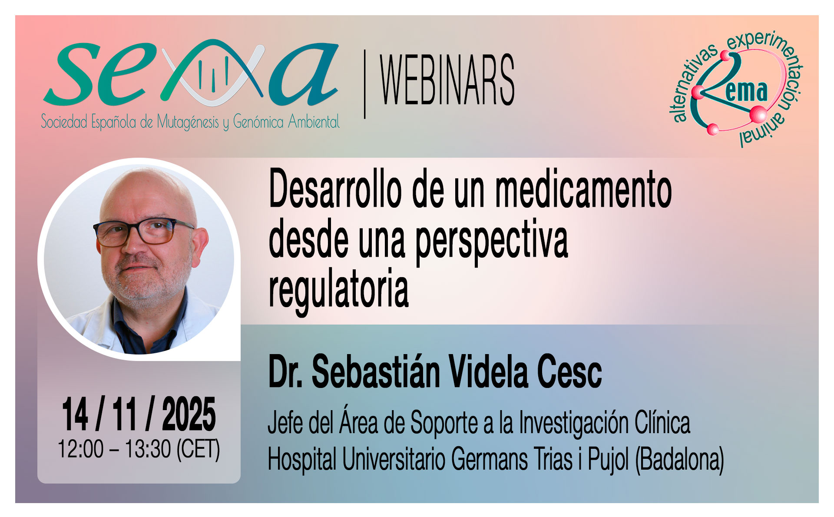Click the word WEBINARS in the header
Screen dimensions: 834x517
click(x=447, y=80)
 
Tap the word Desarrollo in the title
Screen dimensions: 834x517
click(x=335, y=190)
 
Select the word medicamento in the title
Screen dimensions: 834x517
click(x=583, y=190)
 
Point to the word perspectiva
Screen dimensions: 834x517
click(x=492, y=241)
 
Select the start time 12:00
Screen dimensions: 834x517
click(x=80, y=449)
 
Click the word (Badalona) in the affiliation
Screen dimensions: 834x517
click(x=679, y=459)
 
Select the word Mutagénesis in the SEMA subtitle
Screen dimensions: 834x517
click(x=188, y=122)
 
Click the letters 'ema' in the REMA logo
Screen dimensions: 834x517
click(x=746, y=91)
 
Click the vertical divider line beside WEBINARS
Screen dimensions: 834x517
click(x=364, y=84)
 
